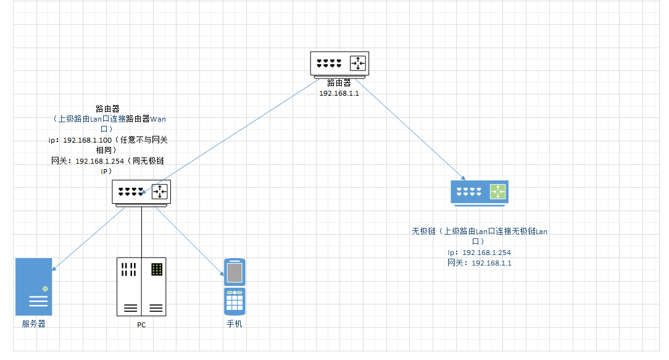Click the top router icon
coord(339,64)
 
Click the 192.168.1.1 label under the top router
coord(339,93)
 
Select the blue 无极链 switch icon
coord(479,192)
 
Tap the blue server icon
coord(34,287)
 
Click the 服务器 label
coord(34,324)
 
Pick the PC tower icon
coord(141,287)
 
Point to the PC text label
coord(141,325)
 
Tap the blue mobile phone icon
coord(235,286)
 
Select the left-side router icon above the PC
coord(141,192)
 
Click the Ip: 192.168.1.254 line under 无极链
coord(480,253)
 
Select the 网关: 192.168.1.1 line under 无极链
coord(480,263)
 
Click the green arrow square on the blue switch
coord(498,191)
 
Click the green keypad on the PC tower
coord(157,269)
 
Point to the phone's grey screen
coord(235,272)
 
